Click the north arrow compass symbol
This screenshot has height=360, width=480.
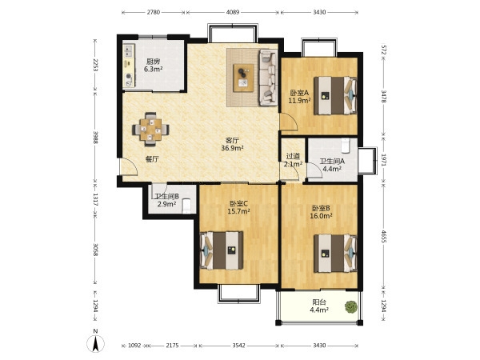(96, 343)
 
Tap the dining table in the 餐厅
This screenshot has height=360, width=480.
(150, 129)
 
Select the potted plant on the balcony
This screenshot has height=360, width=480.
(351, 306)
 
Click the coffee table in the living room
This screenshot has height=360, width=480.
(243, 78)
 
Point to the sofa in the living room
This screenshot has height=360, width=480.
(268, 78)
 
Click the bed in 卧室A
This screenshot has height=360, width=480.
(335, 95)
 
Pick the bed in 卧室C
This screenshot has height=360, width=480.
(222, 250)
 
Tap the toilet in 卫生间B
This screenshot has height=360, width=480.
(186, 206)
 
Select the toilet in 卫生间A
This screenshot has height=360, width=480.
(346, 146)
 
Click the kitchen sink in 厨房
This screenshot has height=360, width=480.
(129, 51)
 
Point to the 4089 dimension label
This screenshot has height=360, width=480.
(233, 13)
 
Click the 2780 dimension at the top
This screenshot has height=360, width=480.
(154, 13)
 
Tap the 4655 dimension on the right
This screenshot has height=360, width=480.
(383, 236)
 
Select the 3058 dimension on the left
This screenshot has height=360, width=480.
(95, 250)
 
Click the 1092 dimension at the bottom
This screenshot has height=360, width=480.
(134, 346)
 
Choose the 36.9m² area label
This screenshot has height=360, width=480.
(232, 148)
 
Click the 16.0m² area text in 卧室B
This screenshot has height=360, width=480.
(321, 216)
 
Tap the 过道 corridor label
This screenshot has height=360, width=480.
(293, 157)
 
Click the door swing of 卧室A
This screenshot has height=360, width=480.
(289, 122)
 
